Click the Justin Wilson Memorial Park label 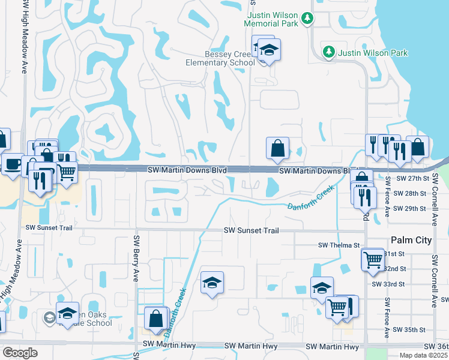point(271,19)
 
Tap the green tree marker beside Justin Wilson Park point(328,52)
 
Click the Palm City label point(411,240)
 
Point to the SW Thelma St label point(339,245)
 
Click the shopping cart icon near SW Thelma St point(373,259)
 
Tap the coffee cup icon point(12,164)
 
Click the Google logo point(20,353)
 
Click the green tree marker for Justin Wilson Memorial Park point(307,19)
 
